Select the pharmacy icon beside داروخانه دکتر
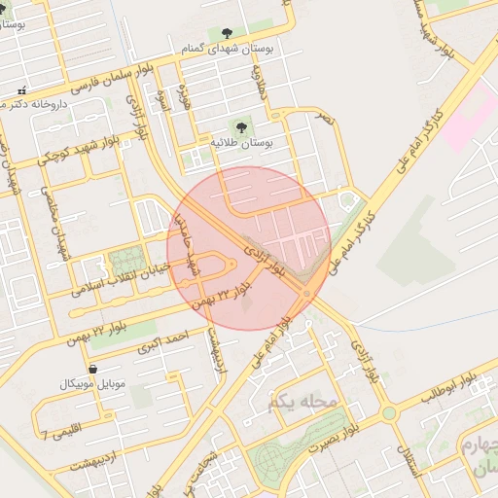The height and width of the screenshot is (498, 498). [22, 90]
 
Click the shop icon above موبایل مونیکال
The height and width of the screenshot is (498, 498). [92, 369]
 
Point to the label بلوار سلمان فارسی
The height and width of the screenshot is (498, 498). [87, 86]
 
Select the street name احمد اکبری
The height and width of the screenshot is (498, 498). [161, 342]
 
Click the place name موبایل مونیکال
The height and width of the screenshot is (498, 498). [93, 385]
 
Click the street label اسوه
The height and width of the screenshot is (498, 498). [162, 98]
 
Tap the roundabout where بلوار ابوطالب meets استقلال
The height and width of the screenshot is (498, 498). [390, 413]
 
